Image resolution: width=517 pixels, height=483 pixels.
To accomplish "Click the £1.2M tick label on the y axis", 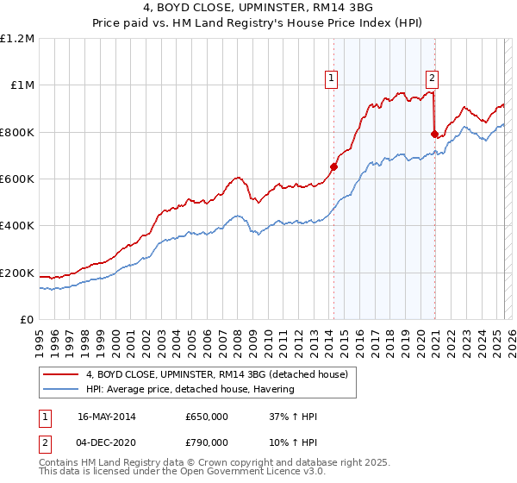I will [18, 38].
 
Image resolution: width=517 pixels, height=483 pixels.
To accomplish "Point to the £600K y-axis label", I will [17, 179].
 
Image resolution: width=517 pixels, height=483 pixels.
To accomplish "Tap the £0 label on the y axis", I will [28, 320].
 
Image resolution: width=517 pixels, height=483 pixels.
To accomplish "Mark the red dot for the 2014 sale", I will [333, 166].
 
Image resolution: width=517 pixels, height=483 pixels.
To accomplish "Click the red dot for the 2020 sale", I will [434, 134].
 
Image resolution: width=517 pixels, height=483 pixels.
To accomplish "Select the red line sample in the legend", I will [61, 374].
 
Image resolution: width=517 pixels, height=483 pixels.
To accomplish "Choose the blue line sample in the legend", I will [61, 389].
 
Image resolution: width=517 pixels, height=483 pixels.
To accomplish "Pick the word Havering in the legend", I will [273, 389].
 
